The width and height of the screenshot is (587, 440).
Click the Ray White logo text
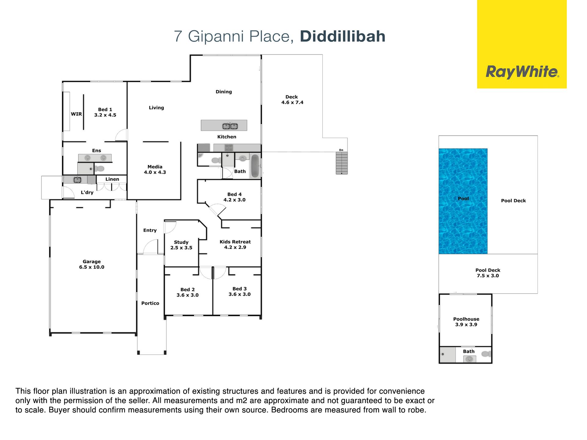pyautogui.click(x=522, y=72)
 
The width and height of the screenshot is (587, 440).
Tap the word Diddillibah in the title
pyautogui.click(x=343, y=36)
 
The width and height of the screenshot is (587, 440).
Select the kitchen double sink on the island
pyautogui.click(x=230, y=126)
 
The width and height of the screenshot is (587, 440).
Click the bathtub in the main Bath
pyautogui.click(x=255, y=166)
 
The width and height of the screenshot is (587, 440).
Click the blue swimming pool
pyautogui.click(x=463, y=201)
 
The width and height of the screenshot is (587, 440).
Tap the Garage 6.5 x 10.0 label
pyautogui.click(x=92, y=264)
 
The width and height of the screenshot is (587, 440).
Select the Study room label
pyautogui.click(x=181, y=245)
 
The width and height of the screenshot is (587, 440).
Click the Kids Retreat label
pyautogui.click(x=235, y=244)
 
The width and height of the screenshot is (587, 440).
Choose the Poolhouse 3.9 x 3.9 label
pyautogui.click(x=466, y=322)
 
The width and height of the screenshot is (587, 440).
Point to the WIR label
pyautogui.click(x=76, y=114)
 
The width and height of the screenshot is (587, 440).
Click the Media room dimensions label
pyautogui.click(x=155, y=172)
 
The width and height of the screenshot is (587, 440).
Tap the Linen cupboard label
pyautogui.click(x=112, y=179)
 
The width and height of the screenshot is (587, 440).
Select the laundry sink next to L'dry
pyautogui.click(x=77, y=180)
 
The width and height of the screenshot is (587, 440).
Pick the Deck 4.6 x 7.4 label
pyautogui.click(x=292, y=100)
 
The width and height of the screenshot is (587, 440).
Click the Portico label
pyautogui.click(x=150, y=303)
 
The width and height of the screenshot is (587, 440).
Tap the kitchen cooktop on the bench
pyautogui.click(x=229, y=148)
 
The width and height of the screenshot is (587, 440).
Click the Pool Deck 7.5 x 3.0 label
pyautogui.click(x=488, y=273)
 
